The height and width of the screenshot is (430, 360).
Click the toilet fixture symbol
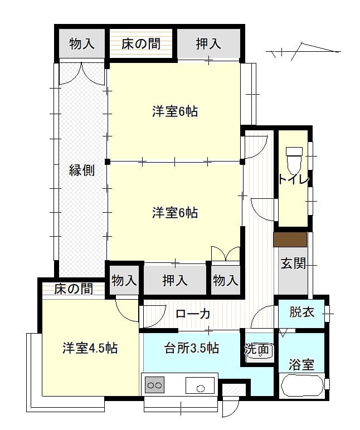(294, 160)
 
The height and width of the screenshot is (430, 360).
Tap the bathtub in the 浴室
(301, 385)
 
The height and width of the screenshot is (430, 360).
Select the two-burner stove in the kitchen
(155, 385)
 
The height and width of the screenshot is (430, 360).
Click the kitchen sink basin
(200, 385)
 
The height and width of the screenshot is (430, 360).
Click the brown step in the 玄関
(290, 240)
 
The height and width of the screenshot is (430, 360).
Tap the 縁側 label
(82, 170)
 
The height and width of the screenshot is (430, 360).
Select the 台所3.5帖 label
(191, 348)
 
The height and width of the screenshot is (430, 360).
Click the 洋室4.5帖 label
(90, 348)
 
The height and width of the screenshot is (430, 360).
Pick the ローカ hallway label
(193, 314)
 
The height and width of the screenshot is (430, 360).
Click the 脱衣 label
(302, 312)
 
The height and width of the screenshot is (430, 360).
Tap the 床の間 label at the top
(141, 44)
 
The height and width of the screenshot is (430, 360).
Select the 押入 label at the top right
(208, 44)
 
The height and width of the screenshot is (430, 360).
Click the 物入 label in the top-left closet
(82, 44)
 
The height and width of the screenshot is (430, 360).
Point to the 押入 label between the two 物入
(175, 281)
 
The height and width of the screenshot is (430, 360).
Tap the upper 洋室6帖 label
(175, 111)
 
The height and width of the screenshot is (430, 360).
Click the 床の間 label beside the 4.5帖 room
(73, 289)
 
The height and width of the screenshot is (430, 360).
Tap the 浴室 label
(301, 364)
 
